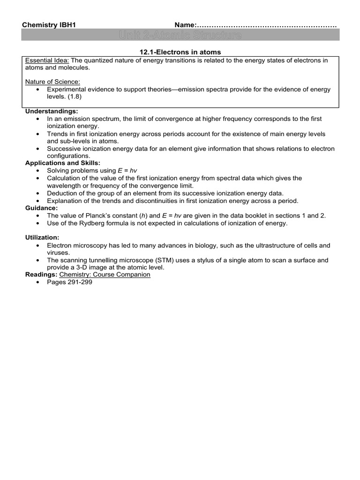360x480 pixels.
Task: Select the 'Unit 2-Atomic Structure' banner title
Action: (180, 36)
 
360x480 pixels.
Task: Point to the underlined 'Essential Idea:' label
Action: (47, 61)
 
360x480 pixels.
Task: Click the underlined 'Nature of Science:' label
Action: (52, 82)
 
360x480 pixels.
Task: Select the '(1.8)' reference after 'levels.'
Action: (73, 96)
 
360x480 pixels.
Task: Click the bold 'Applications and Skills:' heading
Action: (63, 163)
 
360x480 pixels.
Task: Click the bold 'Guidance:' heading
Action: (41, 208)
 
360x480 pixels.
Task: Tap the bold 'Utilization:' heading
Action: (42, 238)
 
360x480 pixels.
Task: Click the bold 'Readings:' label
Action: (41, 275)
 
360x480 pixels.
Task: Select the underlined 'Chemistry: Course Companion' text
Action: (105, 275)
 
